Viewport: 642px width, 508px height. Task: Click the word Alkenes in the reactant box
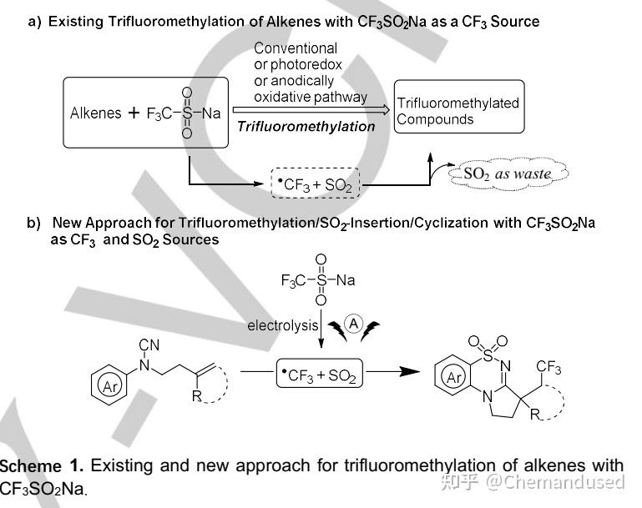pos(95,113)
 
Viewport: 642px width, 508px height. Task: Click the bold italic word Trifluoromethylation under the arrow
pos(306,127)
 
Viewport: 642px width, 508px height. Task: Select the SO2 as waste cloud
pos(508,174)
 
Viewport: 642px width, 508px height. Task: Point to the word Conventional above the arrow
pos(296,48)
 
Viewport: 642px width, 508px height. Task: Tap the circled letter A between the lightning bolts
pos(354,323)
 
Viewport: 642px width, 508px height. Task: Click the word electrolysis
pos(282,325)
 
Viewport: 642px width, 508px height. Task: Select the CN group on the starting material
pos(149,345)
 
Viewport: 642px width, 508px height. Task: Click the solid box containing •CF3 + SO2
pos(320,373)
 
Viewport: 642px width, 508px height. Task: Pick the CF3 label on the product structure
pos(548,367)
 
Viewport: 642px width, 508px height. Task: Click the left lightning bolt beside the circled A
pos(338,330)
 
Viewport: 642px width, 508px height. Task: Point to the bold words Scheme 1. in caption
pos(42,465)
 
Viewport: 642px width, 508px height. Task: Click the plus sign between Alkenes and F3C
pos(134,113)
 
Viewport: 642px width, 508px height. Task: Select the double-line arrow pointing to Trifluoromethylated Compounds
pos(311,109)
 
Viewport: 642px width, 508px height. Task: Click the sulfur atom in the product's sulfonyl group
pos(488,355)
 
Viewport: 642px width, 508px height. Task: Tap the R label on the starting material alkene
pos(197,396)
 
